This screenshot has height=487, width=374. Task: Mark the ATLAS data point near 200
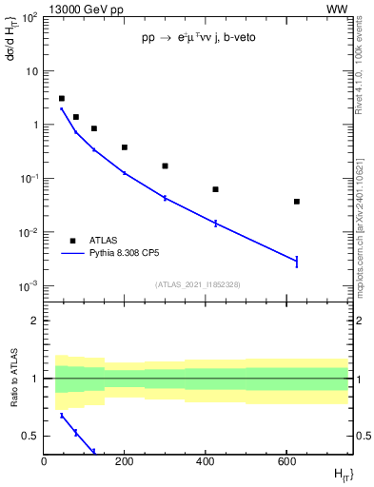click(x=125, y=147)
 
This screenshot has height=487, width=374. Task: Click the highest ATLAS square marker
click(x=62, y=98)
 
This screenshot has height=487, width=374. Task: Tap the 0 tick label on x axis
click(x=44, y=462)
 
